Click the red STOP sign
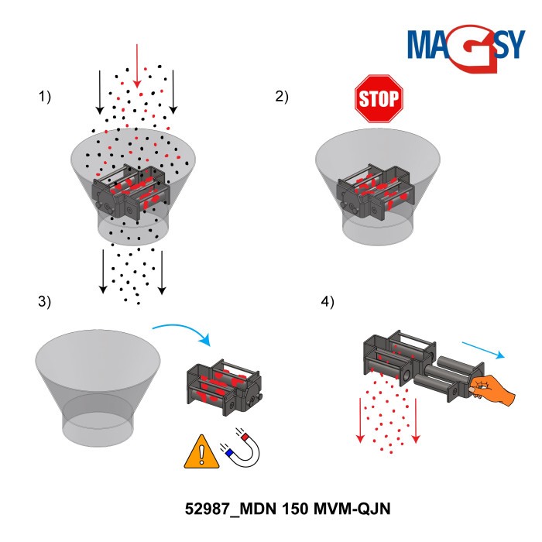coord(379,98)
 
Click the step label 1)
coord(44,97)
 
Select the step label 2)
coord(281,97)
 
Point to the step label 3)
coord(44,302)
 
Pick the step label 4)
coord(328,302)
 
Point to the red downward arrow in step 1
coord(137,66)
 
